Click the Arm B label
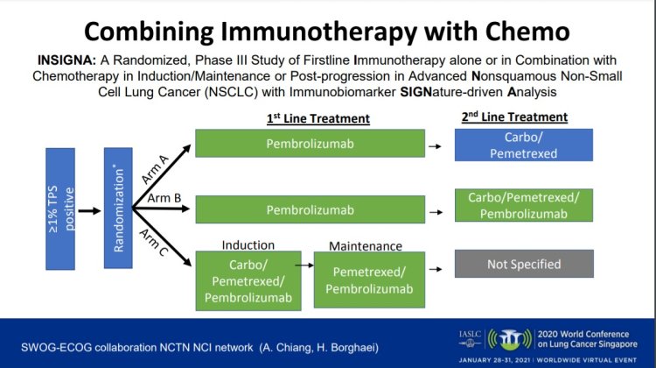(164, 198)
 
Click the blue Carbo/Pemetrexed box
(523, 145)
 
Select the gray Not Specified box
(523, 263)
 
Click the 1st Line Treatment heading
(318, 118)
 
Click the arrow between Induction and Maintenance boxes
(304, 263)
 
